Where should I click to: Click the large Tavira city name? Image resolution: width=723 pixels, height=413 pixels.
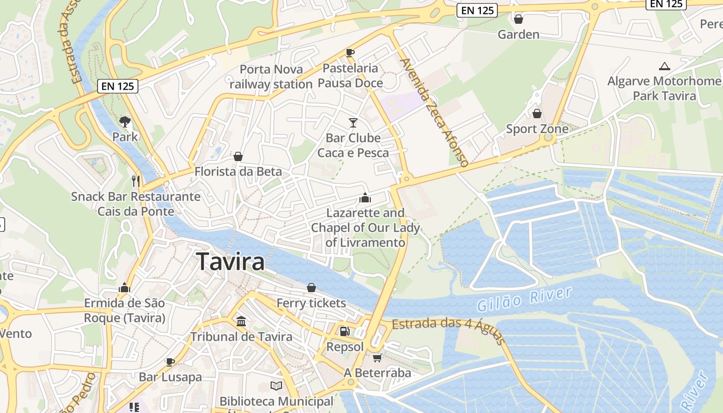pyautogui.click(x=230, y=261)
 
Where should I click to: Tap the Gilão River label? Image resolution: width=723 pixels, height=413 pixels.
pyautogui.click(x=525, y=299)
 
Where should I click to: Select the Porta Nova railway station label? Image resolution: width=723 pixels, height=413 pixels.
pyautogui.click(x=271, y=76)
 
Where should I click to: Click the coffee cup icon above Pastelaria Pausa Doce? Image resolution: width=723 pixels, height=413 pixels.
pyautogui.click(x=350, y=53)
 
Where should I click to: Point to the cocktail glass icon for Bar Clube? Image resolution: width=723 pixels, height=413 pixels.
pyautogui.click(x=353, y=123)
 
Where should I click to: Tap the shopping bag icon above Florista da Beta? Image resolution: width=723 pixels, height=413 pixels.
pyautogui.click(x=238, y=156)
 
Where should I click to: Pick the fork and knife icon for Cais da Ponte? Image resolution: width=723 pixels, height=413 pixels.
pyautogui.click(x=136, y=181)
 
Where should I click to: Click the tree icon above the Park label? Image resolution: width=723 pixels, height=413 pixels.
pyautogui.click(x=125, y=122)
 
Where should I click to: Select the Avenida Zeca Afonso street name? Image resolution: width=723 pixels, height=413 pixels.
pyautogui.click(x=434, y=113)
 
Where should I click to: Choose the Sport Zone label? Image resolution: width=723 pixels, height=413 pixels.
pyautogui.click(x=537, y=129)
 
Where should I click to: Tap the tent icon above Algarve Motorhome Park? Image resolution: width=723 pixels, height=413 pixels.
pyautogui.click(x=665, y=66)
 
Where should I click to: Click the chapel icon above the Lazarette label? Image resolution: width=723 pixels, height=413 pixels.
pyautogui.click(x=365, y=198)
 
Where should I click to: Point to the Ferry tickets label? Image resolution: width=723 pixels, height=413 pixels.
pyautogui.click(x=311, y=303)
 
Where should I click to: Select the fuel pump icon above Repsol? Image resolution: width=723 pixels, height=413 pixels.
pyautogui.click(x=344, y=331)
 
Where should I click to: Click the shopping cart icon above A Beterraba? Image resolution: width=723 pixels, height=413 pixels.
pyautogui.click(x=378, y=358)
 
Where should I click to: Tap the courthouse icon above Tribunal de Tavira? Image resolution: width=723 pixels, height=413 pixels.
pyautogui.click(x=241, y=322)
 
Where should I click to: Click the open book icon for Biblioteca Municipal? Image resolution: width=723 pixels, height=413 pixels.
pyautogui.click(x=276, y=386)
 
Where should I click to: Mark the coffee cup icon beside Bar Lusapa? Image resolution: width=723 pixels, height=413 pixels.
pyautogui.click(x=170, y=362)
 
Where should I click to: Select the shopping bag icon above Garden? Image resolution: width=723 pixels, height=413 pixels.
pyautogui.click(x=518, y=20)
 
